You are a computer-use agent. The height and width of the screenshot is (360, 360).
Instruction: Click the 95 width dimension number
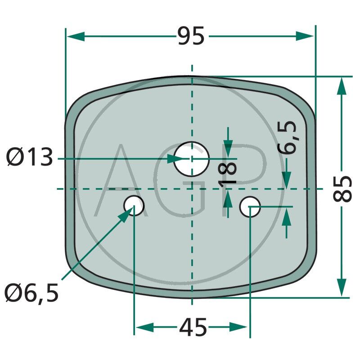(x=191, y=36)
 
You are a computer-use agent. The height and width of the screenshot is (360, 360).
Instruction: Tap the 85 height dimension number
(x=342, y=189)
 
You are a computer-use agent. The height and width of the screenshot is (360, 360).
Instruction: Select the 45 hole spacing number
(x=193, y=327)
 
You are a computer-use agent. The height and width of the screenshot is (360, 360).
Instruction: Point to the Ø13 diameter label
(x=30, y=157)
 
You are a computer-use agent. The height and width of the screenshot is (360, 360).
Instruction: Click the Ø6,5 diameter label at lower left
(x=31, y=293)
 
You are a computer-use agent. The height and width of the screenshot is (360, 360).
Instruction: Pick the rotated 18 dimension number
(x=227, y=173)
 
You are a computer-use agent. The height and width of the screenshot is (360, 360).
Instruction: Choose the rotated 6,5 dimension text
(x=287, y=137)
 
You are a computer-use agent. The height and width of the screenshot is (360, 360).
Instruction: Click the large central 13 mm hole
(x=192, y=159)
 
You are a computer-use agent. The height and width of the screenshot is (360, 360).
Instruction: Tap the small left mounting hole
(x=134, y=206)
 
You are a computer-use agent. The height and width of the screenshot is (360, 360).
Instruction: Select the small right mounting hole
(x=250, y=207)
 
